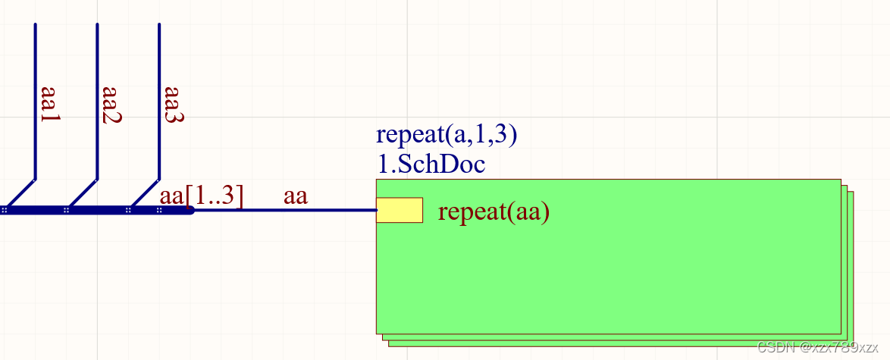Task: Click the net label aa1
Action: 49,105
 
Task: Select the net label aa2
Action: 111,105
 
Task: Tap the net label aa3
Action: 174,105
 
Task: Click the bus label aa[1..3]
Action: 202,196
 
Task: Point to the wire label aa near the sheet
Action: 295,196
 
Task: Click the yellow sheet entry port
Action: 400,210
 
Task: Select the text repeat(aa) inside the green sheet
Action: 494,212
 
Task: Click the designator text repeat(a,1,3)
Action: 447,135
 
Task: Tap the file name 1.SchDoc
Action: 431,164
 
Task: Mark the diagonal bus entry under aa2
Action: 83,193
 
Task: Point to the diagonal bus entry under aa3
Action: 146,193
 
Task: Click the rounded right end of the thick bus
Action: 190,210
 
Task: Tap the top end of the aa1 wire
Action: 35,25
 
